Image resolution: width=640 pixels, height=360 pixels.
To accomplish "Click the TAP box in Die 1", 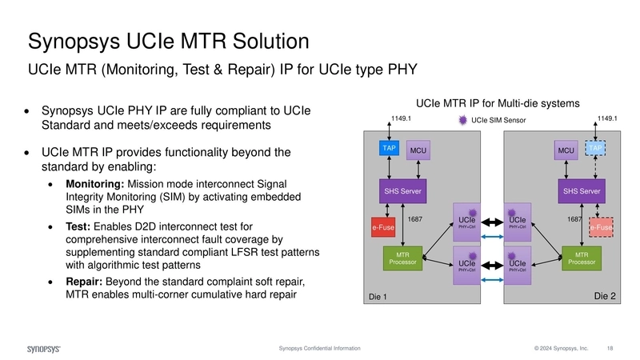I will click(390, 149).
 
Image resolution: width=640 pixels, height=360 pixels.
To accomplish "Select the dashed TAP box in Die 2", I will click(595, 149).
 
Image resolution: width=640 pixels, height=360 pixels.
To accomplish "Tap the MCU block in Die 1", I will click(418, 150).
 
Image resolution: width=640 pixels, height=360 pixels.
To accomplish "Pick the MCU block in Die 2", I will click(566, 150).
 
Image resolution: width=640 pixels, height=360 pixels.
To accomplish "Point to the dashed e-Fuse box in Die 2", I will click(601, 228).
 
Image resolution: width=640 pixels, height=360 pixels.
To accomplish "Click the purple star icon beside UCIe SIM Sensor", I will click(462, 120).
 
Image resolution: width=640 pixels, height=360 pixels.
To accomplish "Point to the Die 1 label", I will click(377, 298).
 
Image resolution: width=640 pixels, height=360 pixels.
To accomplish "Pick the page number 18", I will click(610, 349).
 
